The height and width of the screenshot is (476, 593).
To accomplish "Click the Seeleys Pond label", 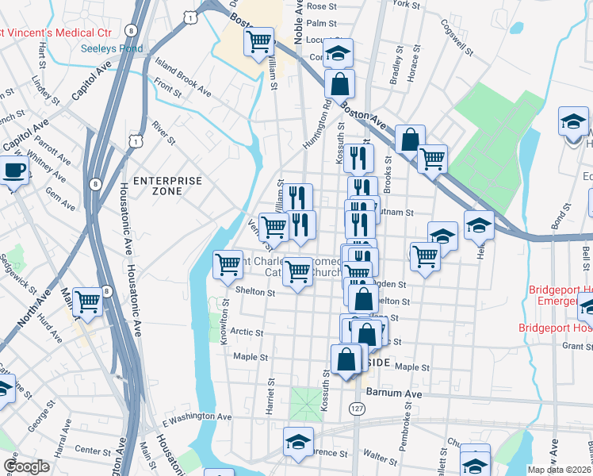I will coord(112,48).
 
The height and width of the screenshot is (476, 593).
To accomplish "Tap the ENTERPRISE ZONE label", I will coord(168,186).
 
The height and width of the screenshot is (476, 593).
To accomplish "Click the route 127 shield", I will coord(356,407).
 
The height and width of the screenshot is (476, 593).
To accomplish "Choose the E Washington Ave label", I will coord(197,416).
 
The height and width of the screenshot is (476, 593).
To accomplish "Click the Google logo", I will coord(26,466).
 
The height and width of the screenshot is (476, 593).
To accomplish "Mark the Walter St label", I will coord(381,458).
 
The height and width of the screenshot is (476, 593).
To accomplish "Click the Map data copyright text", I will coord(560,470).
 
